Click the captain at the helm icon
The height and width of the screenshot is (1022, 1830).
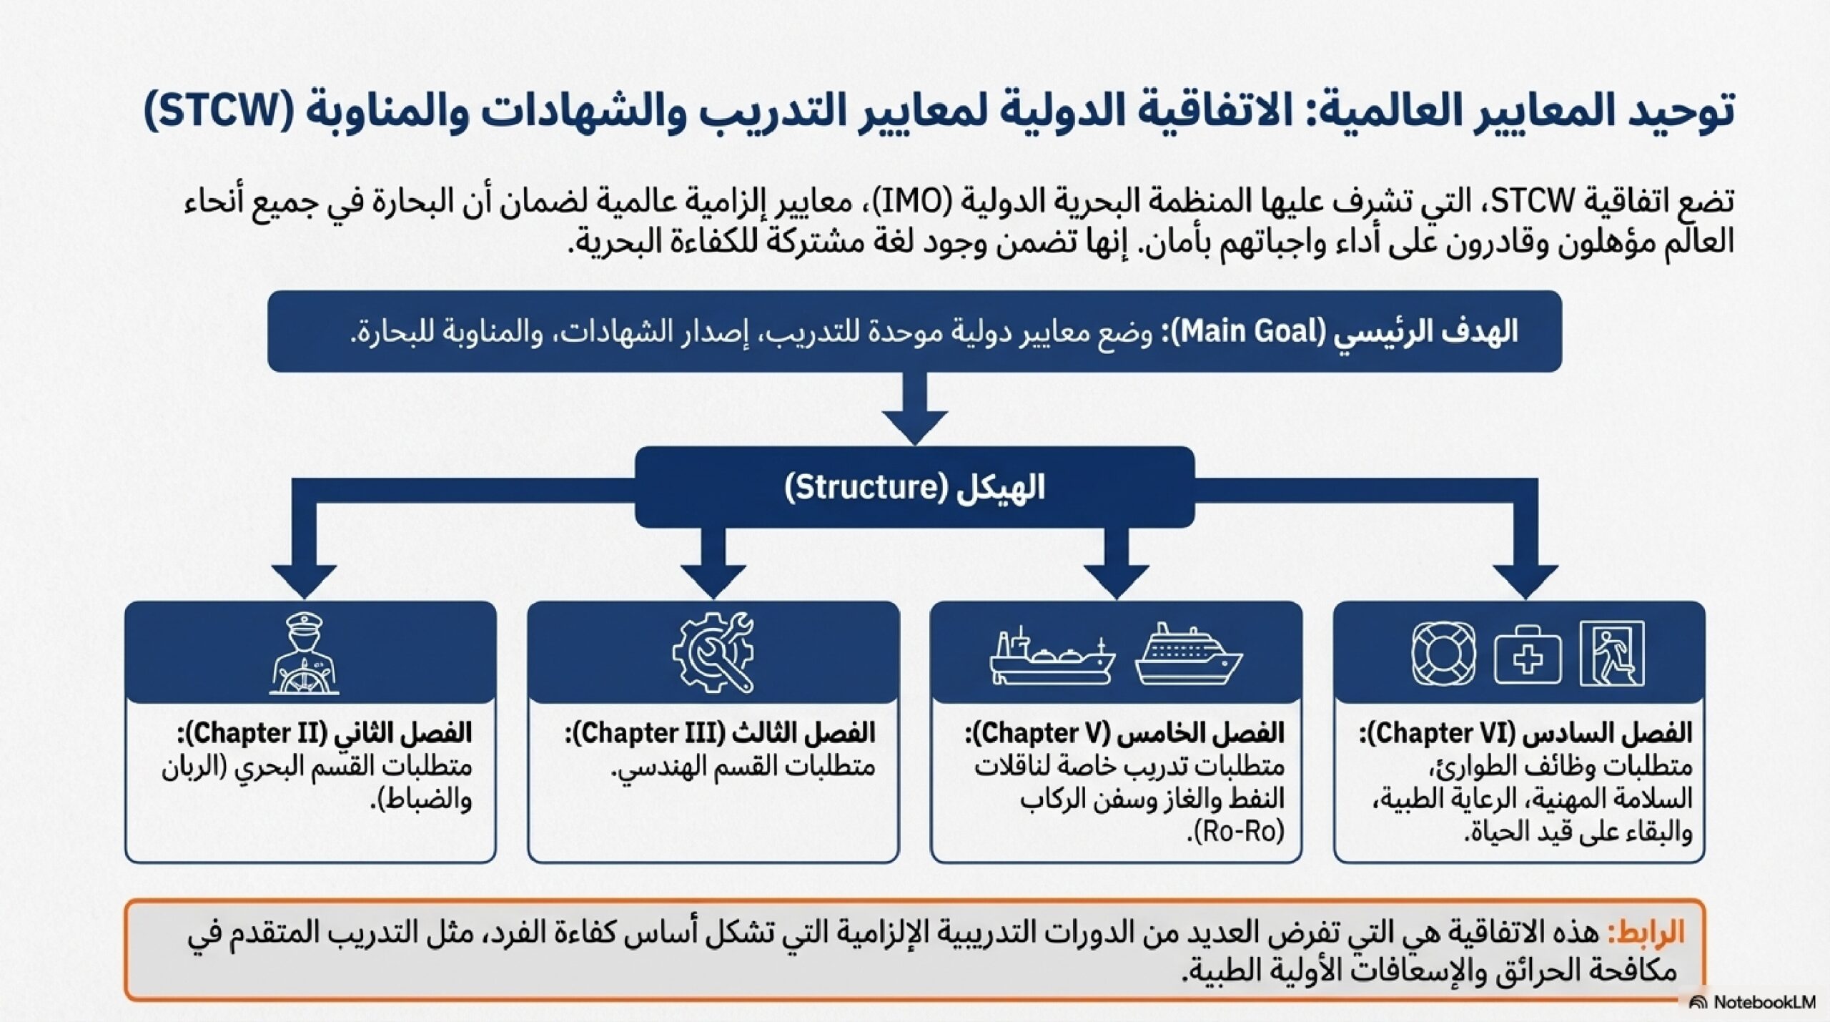305,654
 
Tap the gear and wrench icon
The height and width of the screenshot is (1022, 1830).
713,652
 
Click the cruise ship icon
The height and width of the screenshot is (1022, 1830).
1188,654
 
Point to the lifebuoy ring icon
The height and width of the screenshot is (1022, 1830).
1443,654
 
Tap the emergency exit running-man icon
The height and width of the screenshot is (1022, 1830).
1612,654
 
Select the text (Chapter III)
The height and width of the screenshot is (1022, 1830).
649,734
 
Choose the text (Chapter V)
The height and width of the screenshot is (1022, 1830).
1042,734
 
